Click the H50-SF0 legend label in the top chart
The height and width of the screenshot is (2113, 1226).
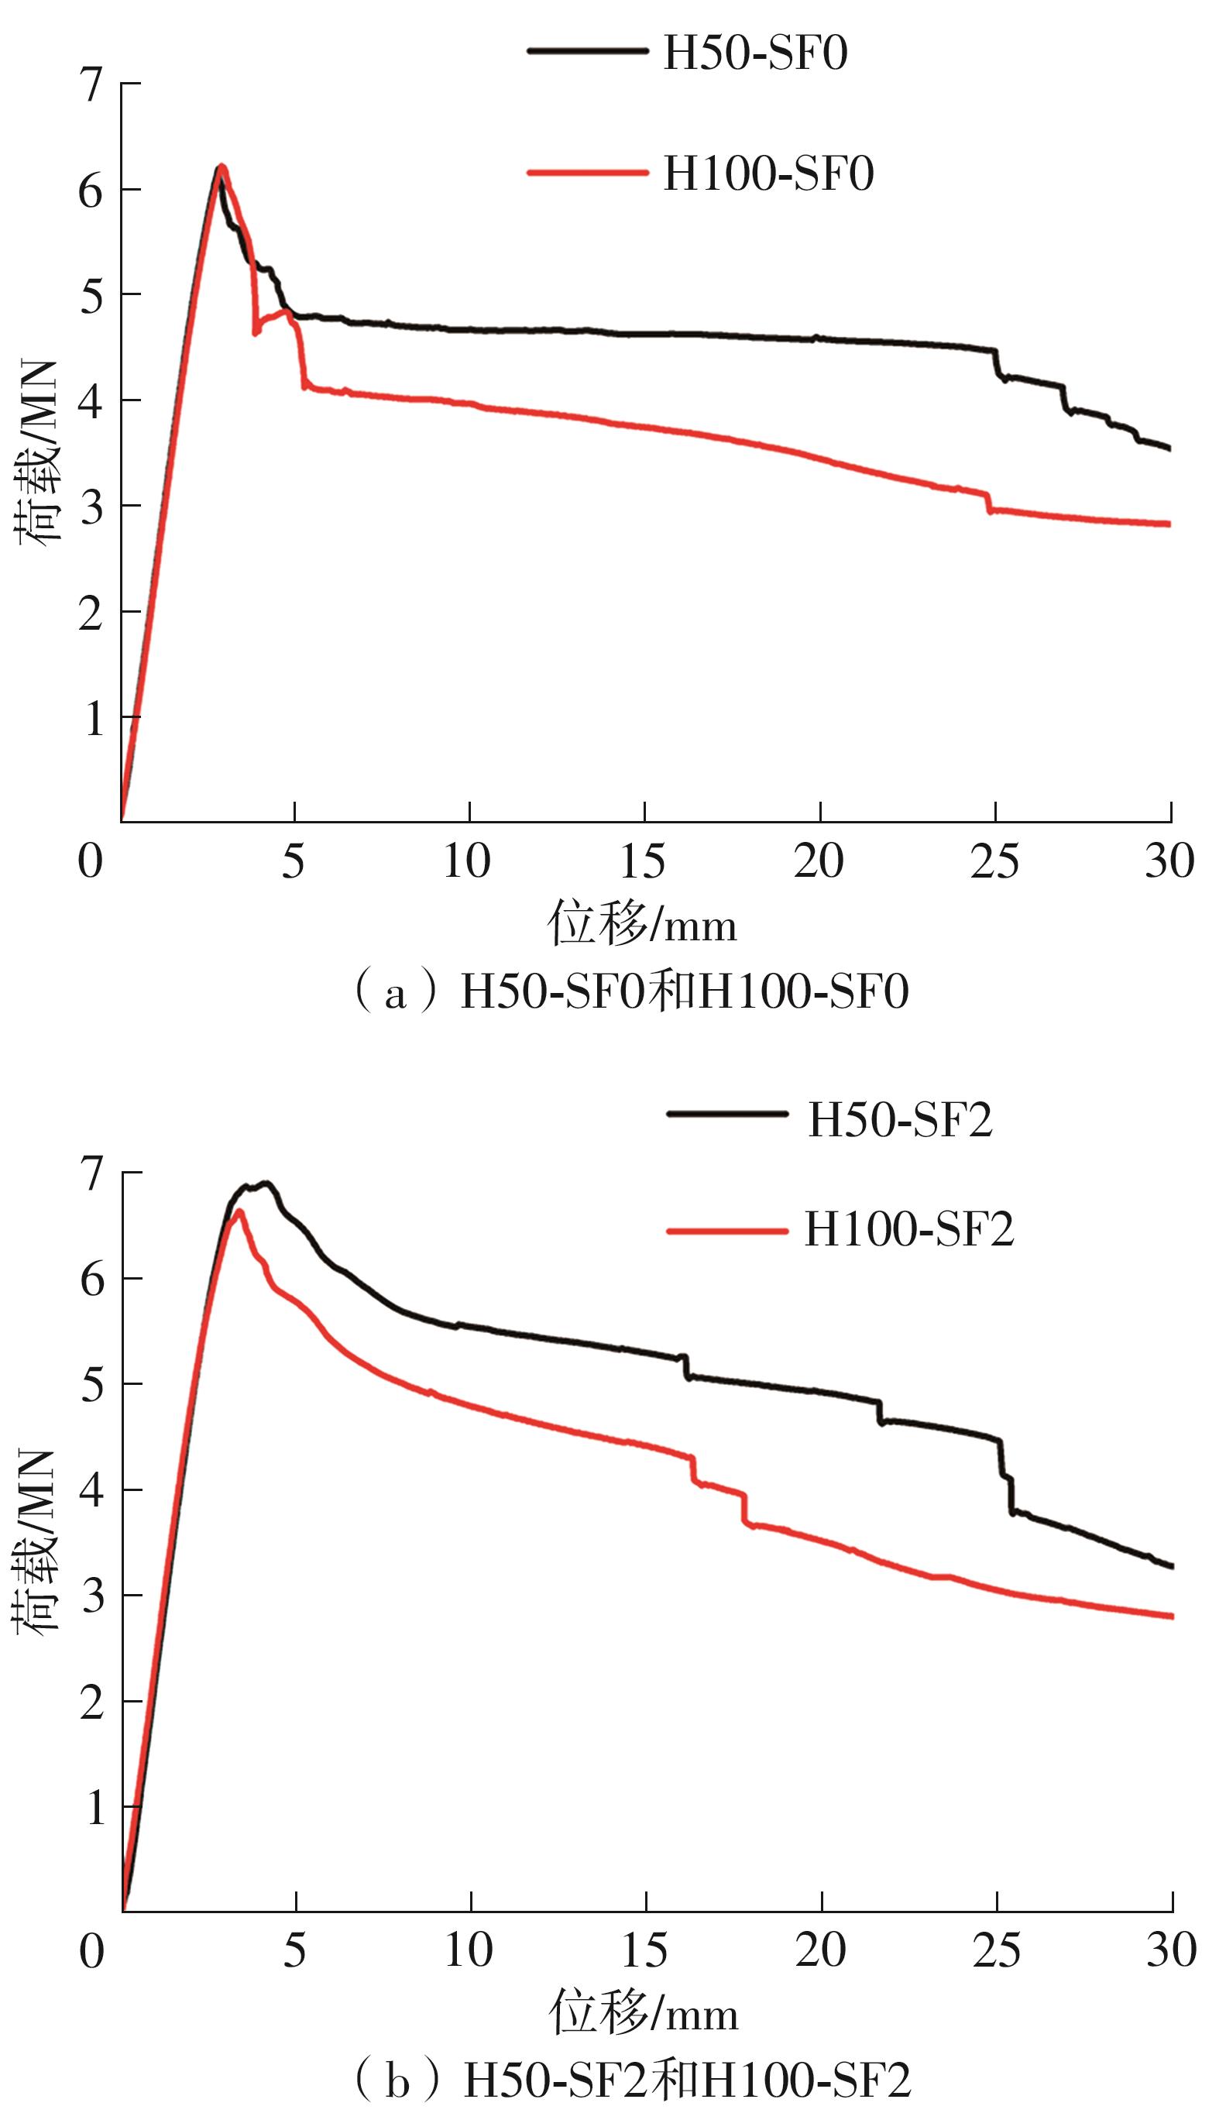click(x=754, y=53)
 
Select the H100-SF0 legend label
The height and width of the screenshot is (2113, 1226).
click(x=768, y=174)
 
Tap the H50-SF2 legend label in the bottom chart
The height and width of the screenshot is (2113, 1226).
click(x=900, y=1120)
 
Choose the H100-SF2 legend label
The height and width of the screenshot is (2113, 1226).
click(x=909, y=1230)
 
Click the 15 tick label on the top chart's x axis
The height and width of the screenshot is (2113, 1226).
click(x=643, y=861)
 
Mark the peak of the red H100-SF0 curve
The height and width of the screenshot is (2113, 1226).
click(x=222, y=166)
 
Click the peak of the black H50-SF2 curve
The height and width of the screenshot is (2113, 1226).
click(x=266, y=1182)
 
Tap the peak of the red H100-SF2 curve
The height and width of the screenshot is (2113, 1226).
click(x=239, y=1211)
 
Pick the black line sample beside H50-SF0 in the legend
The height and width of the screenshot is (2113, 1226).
click(x=587, y=51)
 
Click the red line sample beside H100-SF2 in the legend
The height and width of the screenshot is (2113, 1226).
click(x=727, y=1231)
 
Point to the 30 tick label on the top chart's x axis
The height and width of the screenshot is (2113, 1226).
click(x=1169, y=861)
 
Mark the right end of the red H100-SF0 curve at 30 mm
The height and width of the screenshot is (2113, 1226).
click(x=1169, y=524)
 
